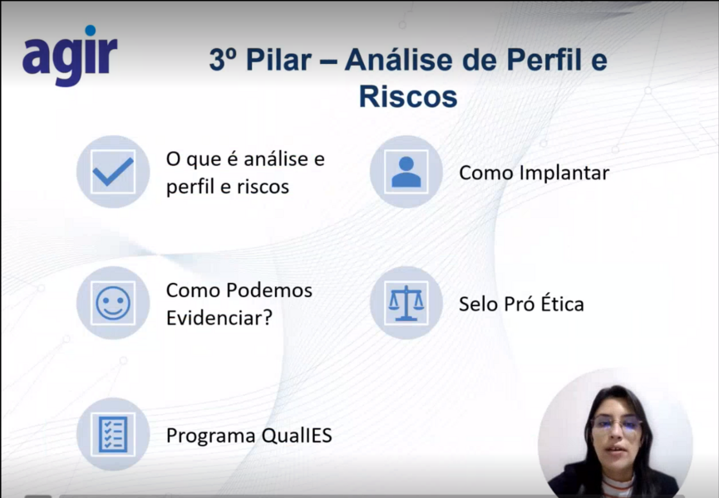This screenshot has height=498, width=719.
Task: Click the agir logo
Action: (x=70, y=55)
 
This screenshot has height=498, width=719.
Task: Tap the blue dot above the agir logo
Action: (x=91, y=30)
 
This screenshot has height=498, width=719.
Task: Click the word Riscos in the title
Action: (x=408, y=96)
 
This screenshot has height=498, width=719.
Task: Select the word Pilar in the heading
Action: (x=278, y=60)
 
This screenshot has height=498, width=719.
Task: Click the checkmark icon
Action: (x=113, y=172)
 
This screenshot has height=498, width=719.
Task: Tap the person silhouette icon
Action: (x=406, y=172)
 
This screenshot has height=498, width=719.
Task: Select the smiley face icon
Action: (x=113, y=303)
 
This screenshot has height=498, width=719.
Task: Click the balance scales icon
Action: (x=406, y=303)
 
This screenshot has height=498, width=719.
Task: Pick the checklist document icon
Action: (x=113, y=434)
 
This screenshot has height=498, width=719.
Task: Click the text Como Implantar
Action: (x=534, y=173)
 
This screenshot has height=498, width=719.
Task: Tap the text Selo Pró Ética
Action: (x=521, y=304)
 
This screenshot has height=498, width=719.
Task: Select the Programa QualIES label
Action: (x=249, y=435)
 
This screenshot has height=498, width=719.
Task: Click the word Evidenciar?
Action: (x=219, y=318)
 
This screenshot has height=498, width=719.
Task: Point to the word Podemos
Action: (x=269, y=290)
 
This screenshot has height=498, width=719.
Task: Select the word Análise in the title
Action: (x=399, y=60)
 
